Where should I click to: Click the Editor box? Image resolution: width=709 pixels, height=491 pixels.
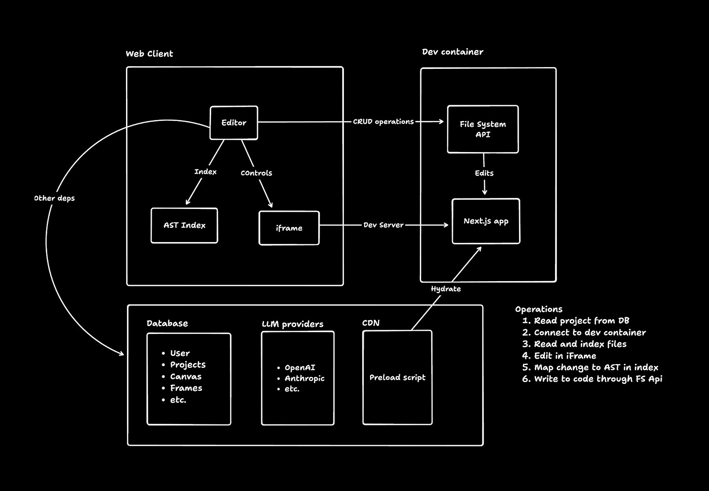[x=234, y=123]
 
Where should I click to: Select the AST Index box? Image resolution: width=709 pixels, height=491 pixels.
[x=184, y=225]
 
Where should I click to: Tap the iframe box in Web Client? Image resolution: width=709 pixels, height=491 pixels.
[x=289, y=228]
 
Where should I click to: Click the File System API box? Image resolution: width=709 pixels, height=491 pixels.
[x=483, y=129]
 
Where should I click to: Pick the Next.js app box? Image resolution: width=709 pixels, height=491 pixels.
[x=486, y=221]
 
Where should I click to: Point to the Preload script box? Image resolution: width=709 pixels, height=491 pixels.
[x=397, y=377]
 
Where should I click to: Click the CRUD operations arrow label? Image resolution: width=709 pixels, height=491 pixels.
[x=383, y=122]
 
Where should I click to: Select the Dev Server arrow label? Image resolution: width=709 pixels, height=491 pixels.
[x=383, y=225]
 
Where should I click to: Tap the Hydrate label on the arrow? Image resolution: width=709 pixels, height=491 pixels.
[x=446, y=289]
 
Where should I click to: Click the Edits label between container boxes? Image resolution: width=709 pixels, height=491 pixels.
[x=484, y=173]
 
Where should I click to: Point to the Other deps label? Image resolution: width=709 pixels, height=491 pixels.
[x=54, y=198]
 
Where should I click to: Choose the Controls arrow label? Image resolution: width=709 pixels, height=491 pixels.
[x=256, y=173]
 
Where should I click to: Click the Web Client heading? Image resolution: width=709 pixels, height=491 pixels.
[x=149, y=54]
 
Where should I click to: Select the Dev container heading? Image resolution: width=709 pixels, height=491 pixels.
[x=452, y=52]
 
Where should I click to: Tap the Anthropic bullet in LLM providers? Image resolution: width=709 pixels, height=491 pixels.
[x=304, y=378]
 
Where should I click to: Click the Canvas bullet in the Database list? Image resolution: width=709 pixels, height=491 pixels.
[x=186, y=377]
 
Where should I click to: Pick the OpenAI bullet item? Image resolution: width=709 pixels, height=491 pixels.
[x=300, y=367]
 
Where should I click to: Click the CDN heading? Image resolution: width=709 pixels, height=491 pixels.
[x=371, y=323]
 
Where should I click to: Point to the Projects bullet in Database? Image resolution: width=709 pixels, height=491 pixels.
[x=188, y=365]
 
